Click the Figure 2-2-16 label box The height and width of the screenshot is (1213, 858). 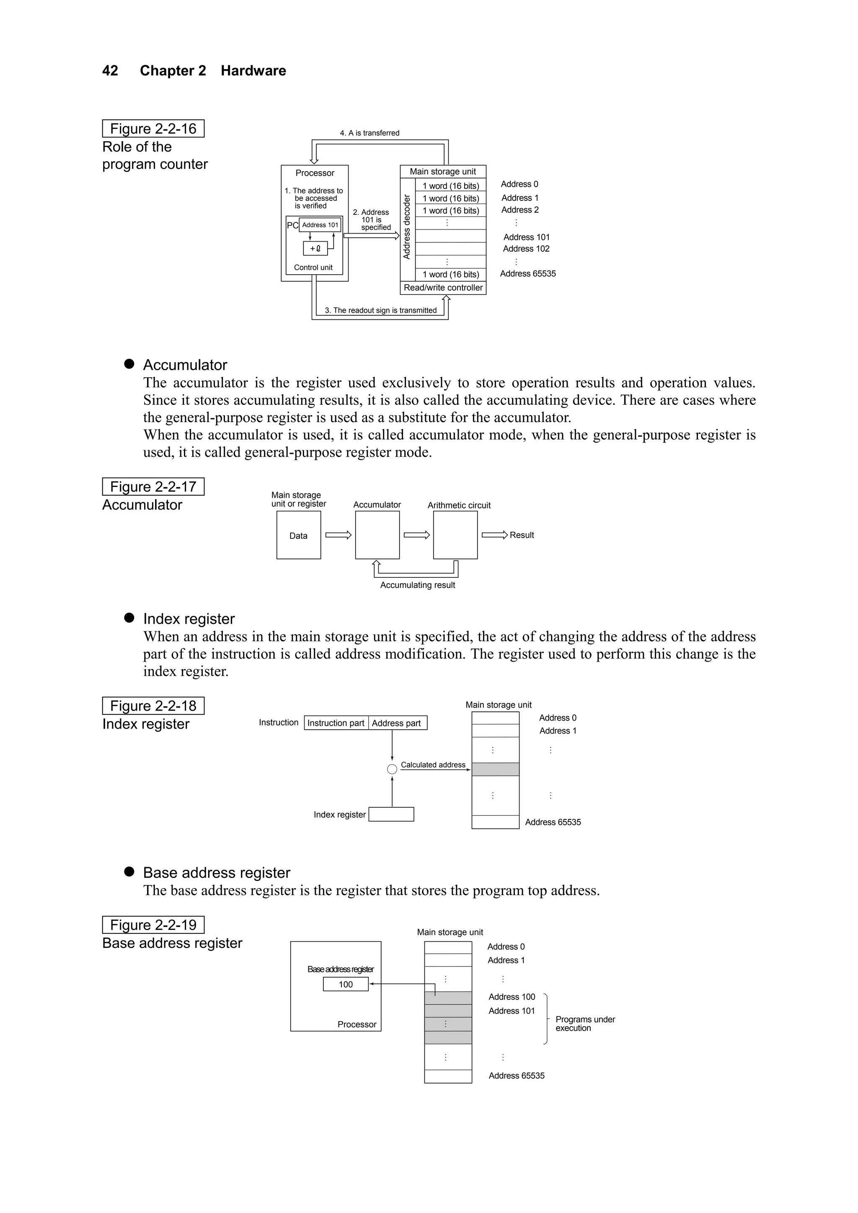(153, 129)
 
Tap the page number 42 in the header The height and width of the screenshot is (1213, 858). (110, 71)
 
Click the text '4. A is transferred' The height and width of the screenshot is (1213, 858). (370, 133)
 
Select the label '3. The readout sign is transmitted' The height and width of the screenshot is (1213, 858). (381, 311)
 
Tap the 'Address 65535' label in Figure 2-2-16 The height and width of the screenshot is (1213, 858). (527, 274)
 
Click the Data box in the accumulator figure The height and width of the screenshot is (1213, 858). (298, 535)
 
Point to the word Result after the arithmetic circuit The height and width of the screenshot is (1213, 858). (522, 535)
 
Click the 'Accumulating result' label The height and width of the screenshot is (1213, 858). (417, 585)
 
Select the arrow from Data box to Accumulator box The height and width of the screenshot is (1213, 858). (339, 535)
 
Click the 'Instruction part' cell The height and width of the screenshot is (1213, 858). (336, 723)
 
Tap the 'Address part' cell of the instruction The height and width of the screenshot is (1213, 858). (396, 723)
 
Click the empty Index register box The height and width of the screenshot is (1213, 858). (391, 814)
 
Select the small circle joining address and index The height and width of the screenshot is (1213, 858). (392, 769)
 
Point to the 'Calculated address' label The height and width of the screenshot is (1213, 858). (433, 765)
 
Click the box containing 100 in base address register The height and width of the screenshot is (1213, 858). (346, 984)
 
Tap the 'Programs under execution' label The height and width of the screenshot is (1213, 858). (585, 1023)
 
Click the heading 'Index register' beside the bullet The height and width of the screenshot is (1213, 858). (189, 619)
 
